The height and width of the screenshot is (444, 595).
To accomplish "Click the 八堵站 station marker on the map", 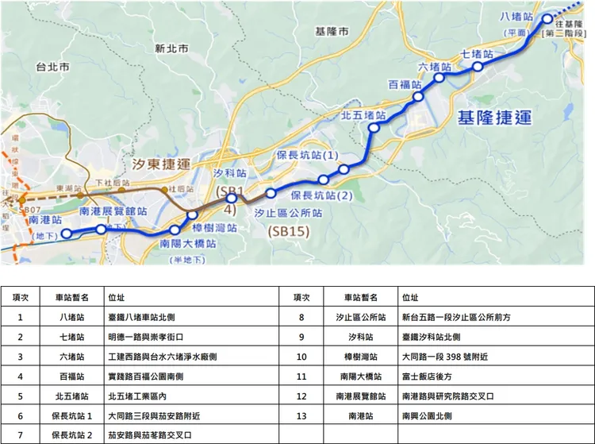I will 547,20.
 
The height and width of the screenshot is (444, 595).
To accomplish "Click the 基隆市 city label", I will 331,32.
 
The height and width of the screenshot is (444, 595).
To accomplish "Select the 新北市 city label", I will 171,48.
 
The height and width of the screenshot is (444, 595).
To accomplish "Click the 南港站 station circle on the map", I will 67,233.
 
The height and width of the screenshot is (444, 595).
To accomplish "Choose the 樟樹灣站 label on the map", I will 216,226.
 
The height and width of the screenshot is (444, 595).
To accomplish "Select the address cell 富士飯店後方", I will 427,376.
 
